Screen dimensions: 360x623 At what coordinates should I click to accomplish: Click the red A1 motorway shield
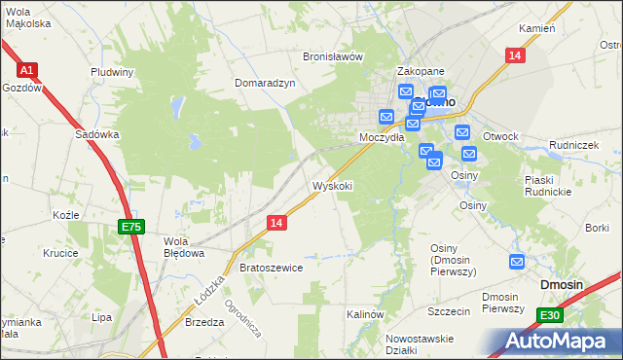[27, 70]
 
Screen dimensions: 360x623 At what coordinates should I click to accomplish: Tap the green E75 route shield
[131, 227]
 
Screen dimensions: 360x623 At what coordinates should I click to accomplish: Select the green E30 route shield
[550, 314]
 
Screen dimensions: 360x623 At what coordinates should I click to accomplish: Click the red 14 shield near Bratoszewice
[276, 223]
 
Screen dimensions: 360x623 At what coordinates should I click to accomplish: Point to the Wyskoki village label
[332, 186]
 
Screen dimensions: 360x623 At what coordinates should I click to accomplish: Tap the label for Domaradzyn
[265, 84]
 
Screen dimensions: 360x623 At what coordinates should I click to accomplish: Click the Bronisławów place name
[333, 56]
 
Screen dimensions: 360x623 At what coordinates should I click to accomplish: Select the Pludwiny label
[112, 72]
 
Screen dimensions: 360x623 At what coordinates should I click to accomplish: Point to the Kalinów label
[367, 315]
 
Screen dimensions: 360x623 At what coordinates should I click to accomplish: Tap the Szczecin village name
[449, 311]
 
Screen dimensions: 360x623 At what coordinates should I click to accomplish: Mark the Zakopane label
[421, 72]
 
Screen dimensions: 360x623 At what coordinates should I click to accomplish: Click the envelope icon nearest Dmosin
[517, 262]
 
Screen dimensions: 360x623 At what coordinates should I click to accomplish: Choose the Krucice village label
[60, 252]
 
